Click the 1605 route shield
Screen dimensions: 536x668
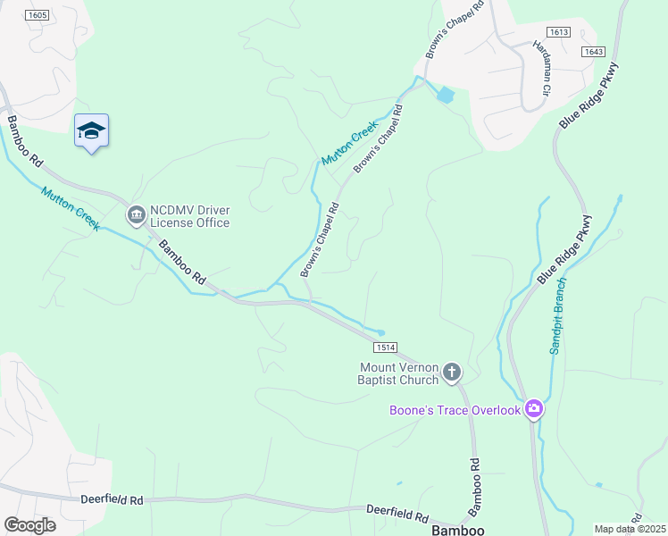(37, 15)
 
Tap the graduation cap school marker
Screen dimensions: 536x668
(91, 131)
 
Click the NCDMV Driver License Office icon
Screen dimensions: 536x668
(136, 214)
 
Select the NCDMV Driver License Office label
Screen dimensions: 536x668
(189, 216)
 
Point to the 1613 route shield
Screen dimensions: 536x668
(559, 32)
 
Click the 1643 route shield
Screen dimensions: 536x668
(593, 51)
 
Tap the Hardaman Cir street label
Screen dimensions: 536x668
(542, 67)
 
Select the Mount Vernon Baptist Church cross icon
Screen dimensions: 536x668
(452, 372)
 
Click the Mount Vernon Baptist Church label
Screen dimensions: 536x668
(399, 373)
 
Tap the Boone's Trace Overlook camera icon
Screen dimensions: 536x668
(534, 409)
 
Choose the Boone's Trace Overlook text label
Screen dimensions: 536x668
(455, 410)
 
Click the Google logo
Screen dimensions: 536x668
(29, 525)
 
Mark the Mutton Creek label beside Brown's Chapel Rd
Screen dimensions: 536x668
(350, 142)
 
